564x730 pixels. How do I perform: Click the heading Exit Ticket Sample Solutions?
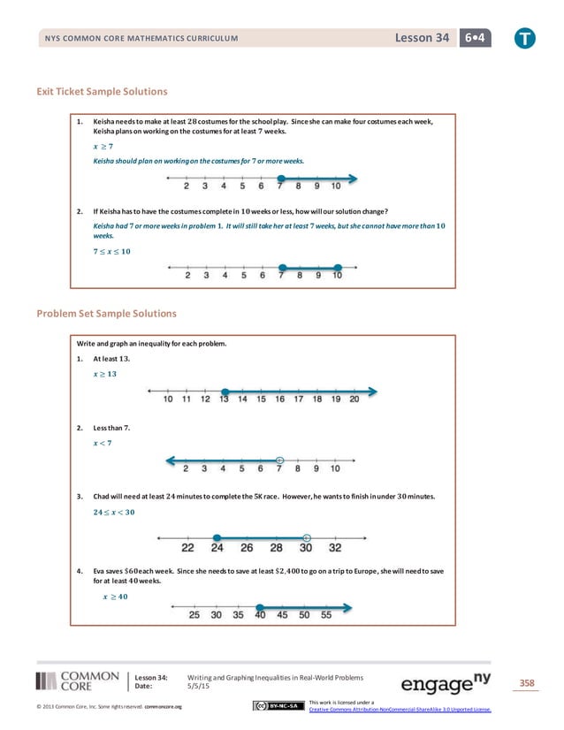coord(102,91)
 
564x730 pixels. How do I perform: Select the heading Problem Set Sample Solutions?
coord(106,313)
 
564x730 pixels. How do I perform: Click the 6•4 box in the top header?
coord(477,38)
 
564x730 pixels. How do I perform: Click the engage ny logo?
coord(446,683)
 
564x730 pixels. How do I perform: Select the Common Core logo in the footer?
coord(78,681)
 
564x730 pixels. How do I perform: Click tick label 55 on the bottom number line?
coord(326,614)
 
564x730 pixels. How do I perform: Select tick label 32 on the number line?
coord(335,548)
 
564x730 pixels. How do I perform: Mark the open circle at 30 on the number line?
coord(306,536)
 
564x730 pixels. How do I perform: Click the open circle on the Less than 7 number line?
coord(279,460)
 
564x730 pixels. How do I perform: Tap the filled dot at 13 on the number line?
coord(225,391)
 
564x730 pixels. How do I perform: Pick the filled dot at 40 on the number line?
coord(260,606)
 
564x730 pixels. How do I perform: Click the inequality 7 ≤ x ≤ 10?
coord(111,252)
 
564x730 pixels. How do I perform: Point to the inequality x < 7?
coord(103,443)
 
